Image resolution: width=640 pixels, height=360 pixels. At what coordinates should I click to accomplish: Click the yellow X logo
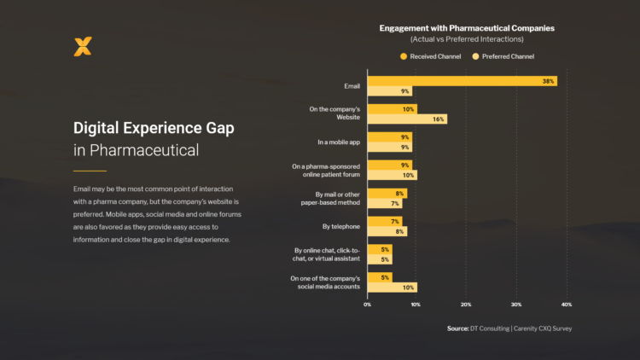tap(82, 47)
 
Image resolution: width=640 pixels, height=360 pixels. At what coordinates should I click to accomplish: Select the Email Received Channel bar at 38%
tap(463, 81)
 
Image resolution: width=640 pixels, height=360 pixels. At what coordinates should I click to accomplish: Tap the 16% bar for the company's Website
tap(407, 119)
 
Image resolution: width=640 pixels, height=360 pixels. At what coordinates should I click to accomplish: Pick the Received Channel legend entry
tap(431, 56)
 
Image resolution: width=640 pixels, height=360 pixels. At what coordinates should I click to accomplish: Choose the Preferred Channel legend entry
tap(503, 56)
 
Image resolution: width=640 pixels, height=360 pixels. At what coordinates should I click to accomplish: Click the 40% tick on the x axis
tap(566, 304)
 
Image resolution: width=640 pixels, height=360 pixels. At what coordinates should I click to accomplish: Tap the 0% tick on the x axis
tap(368, 304)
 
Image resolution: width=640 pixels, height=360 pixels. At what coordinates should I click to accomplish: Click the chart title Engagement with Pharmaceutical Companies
tap(467, 28)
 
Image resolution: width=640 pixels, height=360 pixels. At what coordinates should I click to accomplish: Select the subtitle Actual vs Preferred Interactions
tap(467, 39)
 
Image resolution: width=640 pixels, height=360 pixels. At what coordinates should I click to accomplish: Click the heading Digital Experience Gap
tap(154, 128)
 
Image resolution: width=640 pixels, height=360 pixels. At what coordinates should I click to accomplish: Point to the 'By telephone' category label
tap(341, 226)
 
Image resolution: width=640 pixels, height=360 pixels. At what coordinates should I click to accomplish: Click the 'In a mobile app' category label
tap(338, 142)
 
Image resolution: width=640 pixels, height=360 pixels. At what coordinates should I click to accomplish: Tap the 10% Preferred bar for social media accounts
tap(393, 287)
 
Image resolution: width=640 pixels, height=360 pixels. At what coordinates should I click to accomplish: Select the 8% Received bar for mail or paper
tap(387, 194)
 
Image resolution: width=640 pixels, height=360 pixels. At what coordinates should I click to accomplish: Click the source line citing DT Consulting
tap(509, 328)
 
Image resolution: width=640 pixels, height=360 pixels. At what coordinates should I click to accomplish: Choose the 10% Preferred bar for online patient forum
tap(393, 175)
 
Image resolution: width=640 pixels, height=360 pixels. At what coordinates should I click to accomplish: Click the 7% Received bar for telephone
tap(385, 222)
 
